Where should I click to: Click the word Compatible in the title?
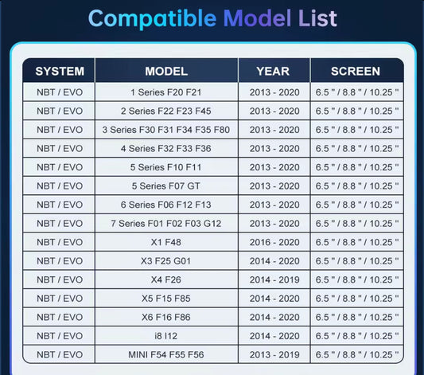(x=152, y=18)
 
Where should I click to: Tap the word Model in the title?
(x=257, y=18)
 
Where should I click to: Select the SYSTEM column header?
(x=60, y=72)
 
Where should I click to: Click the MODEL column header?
(x=166, y=72)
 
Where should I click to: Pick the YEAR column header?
(x=273, y=72)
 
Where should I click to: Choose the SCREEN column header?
(x=356, y=72)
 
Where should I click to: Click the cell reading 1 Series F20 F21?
(x=166, y=92)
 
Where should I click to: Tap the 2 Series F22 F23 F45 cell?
(x=166, y=111)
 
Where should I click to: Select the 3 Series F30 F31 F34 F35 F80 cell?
(x=166, y=130)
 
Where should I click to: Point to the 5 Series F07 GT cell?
(x=166, y=186)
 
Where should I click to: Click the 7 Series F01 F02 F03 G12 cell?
(x=166, y=224)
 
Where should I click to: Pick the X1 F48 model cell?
(x=166, y=242)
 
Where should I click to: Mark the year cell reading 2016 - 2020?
(x=274, y=242)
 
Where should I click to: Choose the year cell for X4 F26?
(x=274, y=279)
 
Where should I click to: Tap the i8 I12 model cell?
(x=166, y=336)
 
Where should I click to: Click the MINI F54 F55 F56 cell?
(x=166, y=355)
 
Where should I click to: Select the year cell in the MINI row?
(x=274, y=355)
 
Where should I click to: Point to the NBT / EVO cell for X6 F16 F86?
(x=60, y=317)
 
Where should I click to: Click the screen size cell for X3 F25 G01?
(x=357, y=261)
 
